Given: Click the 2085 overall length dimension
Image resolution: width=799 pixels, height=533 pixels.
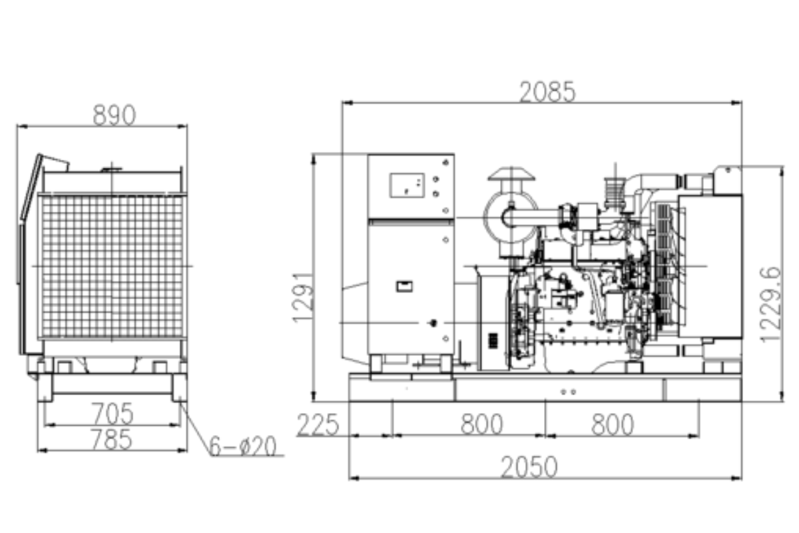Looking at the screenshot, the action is (x=547, y=92).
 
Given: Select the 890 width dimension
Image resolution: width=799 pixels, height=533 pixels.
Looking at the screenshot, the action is (x=114, y=115).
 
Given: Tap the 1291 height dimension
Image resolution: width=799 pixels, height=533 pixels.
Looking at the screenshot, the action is (x=303, y=297).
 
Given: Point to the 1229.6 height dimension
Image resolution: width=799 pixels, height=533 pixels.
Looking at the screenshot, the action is (x=770, y=304).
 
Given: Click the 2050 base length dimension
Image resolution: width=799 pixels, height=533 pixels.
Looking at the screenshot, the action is (x=529, y=467).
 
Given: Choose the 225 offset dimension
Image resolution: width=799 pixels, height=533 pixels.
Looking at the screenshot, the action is (x=318, y=424).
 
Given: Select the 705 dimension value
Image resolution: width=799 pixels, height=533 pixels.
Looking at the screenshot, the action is (x=113, y=414).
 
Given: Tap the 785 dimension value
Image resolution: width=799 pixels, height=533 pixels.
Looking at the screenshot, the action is (x=112, y=439).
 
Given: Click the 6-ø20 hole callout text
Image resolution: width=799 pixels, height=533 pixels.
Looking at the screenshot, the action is (x=242, y=446).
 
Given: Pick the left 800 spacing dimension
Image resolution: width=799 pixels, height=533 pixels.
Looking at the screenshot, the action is (x=481, y=424).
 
